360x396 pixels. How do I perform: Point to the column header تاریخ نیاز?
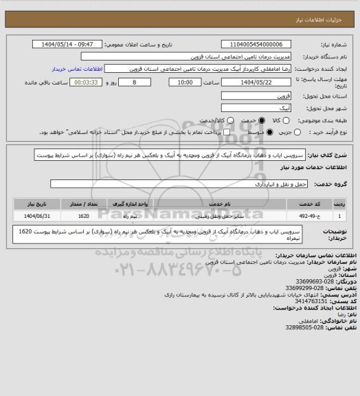pos(36,204)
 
